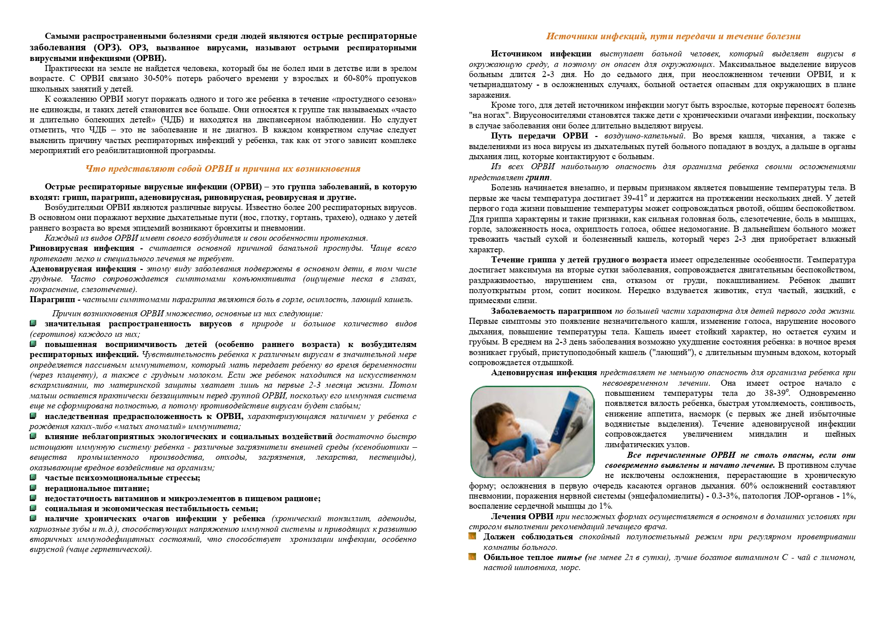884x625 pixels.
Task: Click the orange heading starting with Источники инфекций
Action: pyautogui.click(x=673, y=36)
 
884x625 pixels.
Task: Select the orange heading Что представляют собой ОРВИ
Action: pyautogui.click(x=223, y=169)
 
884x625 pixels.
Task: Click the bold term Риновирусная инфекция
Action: pyautogui.click(x=82, y=248)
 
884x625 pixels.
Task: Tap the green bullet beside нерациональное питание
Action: pyautogui.click(x=33, y=488)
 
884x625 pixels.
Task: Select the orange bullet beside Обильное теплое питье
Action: pyautogui.click(x=472, y=557)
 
